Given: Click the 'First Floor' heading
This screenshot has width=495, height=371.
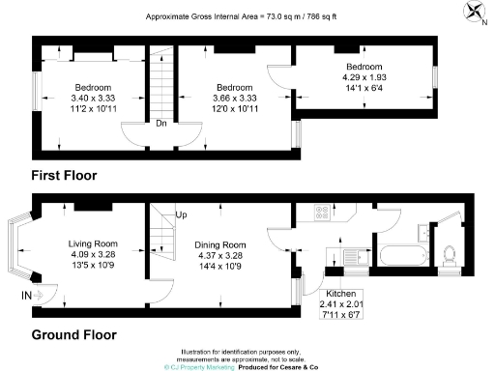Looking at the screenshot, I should [x=64, y=175].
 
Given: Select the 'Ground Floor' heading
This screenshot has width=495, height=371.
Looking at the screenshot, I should [x=74, y=335].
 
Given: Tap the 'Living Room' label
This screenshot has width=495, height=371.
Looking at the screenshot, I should [x=93, y=243].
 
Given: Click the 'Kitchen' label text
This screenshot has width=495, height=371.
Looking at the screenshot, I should [x=339, y=292].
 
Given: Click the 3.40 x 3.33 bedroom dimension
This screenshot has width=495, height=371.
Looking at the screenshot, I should [x=94, y=98].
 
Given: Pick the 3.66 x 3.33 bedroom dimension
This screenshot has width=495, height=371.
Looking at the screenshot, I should [x=234, y=98].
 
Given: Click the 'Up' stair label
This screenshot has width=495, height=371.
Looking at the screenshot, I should [x=181, y=214].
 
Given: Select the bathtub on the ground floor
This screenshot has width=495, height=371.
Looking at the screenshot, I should [x=399, y=257].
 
